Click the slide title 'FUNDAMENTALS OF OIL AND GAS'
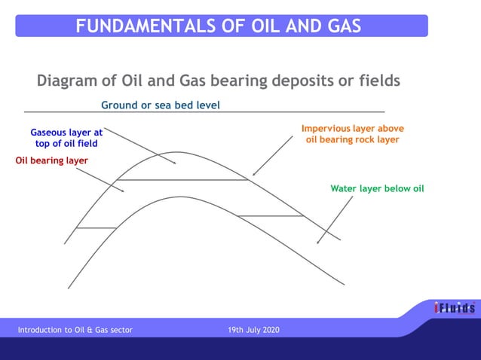[219, 26]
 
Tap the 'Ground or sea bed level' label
[161, 105]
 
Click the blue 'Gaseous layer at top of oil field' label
[66, 137]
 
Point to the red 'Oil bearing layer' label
[52, 160]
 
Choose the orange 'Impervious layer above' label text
[353, 129]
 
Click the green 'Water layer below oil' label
[377, 188]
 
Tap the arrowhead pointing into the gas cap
[175, 162]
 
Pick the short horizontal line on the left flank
[96, 227]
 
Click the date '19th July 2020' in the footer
[253, 330]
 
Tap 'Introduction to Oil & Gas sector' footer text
[75, 330]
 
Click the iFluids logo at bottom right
[454, 308]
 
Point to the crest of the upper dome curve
[177, 152]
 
